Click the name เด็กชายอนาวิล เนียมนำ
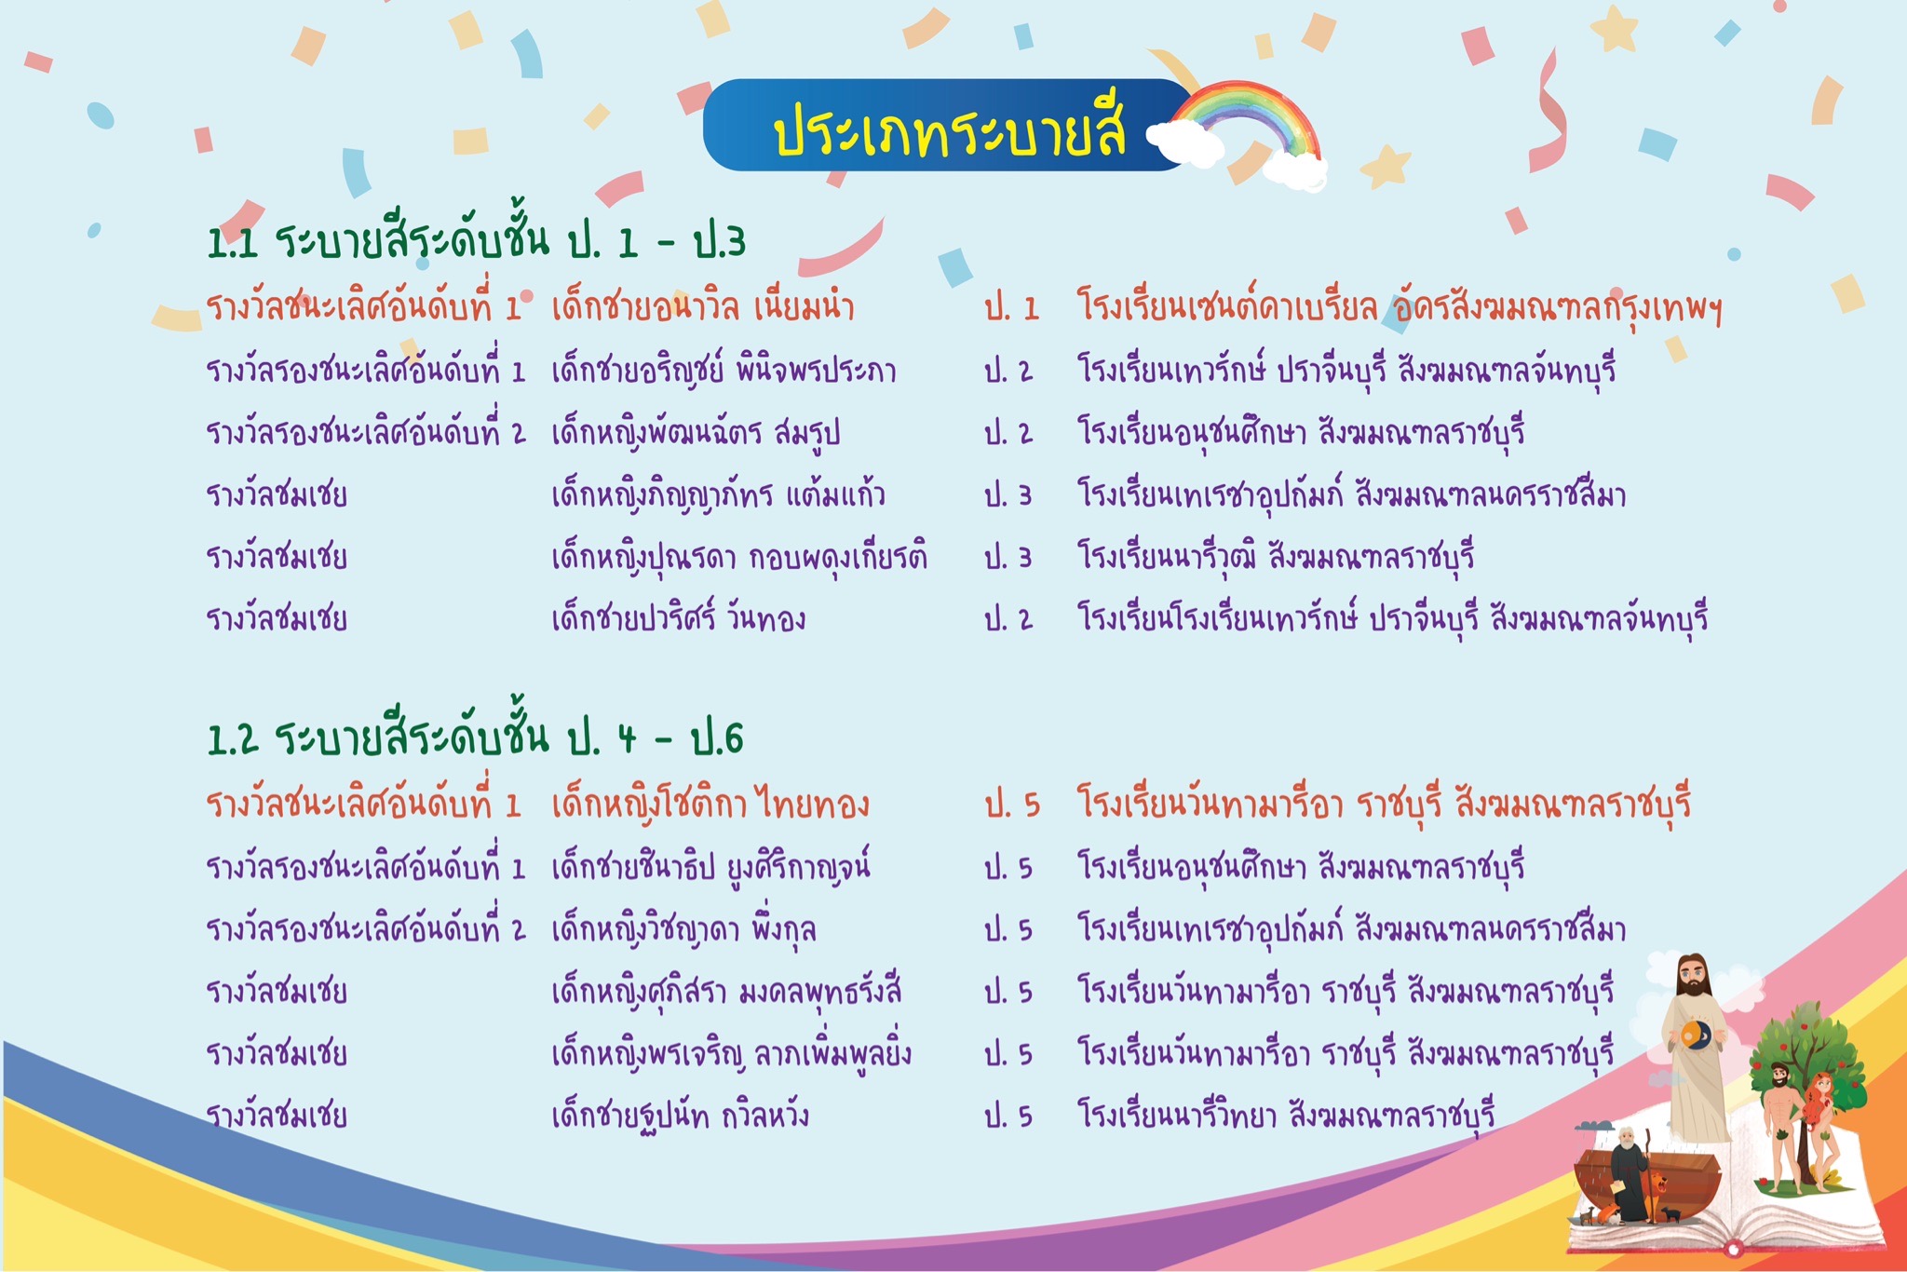(703, 306)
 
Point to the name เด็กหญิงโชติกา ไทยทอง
(710, 804)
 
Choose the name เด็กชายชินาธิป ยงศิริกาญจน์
(711, 867)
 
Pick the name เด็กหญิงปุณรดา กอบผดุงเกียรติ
(739, 557)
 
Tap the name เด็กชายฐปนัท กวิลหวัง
(680, 1115)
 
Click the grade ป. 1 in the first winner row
(1011, 308)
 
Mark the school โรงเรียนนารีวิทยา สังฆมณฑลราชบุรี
(1286, 1115)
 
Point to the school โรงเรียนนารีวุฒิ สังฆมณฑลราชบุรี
(1276, 557)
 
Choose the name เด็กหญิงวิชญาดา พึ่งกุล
(683, 929)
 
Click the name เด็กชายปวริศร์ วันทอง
(678, 618)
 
